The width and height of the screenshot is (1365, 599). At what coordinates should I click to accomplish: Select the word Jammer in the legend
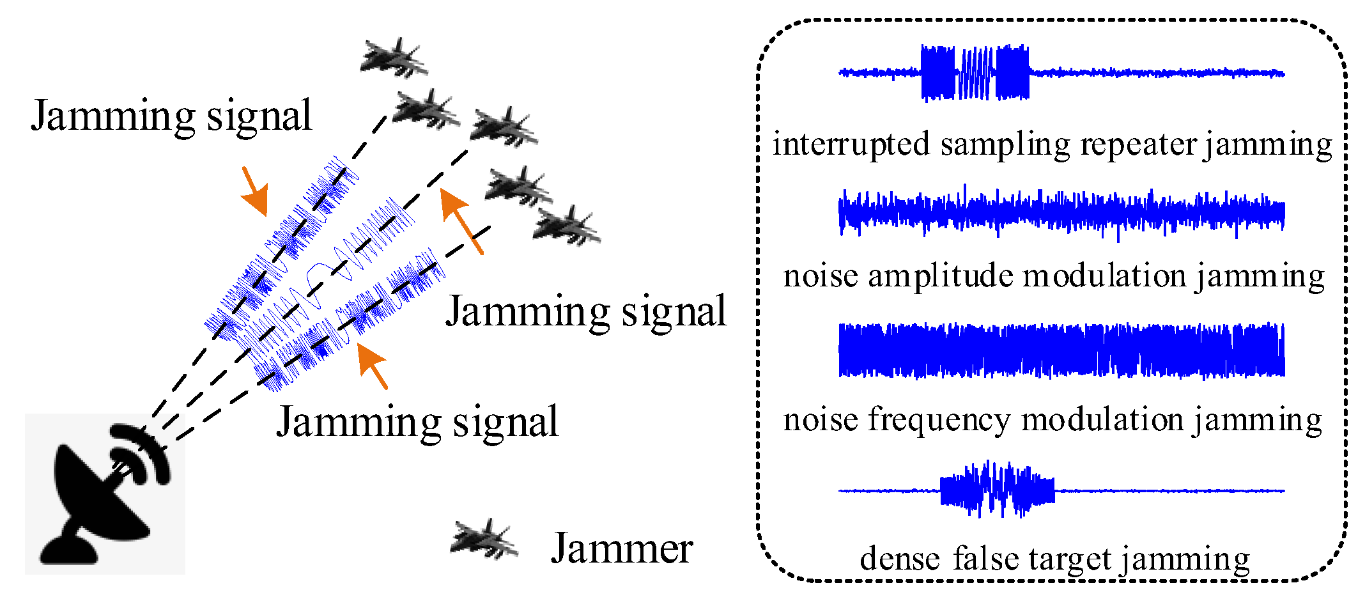pos(621,548)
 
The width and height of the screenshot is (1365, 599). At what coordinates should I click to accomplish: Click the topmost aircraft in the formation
pos(393,58)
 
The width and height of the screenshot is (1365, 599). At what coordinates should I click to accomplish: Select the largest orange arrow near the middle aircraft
pos(461,221)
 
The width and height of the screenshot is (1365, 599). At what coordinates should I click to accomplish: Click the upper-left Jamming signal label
pos(171,116)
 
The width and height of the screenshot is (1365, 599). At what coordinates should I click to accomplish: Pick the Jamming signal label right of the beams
pos(585,312)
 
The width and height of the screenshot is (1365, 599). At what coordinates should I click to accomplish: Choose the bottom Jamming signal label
pos(417,423)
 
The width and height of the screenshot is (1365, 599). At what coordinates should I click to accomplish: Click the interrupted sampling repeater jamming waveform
pos(1061,73)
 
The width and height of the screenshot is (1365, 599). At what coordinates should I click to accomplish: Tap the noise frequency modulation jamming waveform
pos(1061,350)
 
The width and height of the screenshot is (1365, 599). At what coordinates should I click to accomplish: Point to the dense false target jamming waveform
pos(1061,490)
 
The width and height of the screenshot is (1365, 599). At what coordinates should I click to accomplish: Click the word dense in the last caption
pos(899,559)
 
